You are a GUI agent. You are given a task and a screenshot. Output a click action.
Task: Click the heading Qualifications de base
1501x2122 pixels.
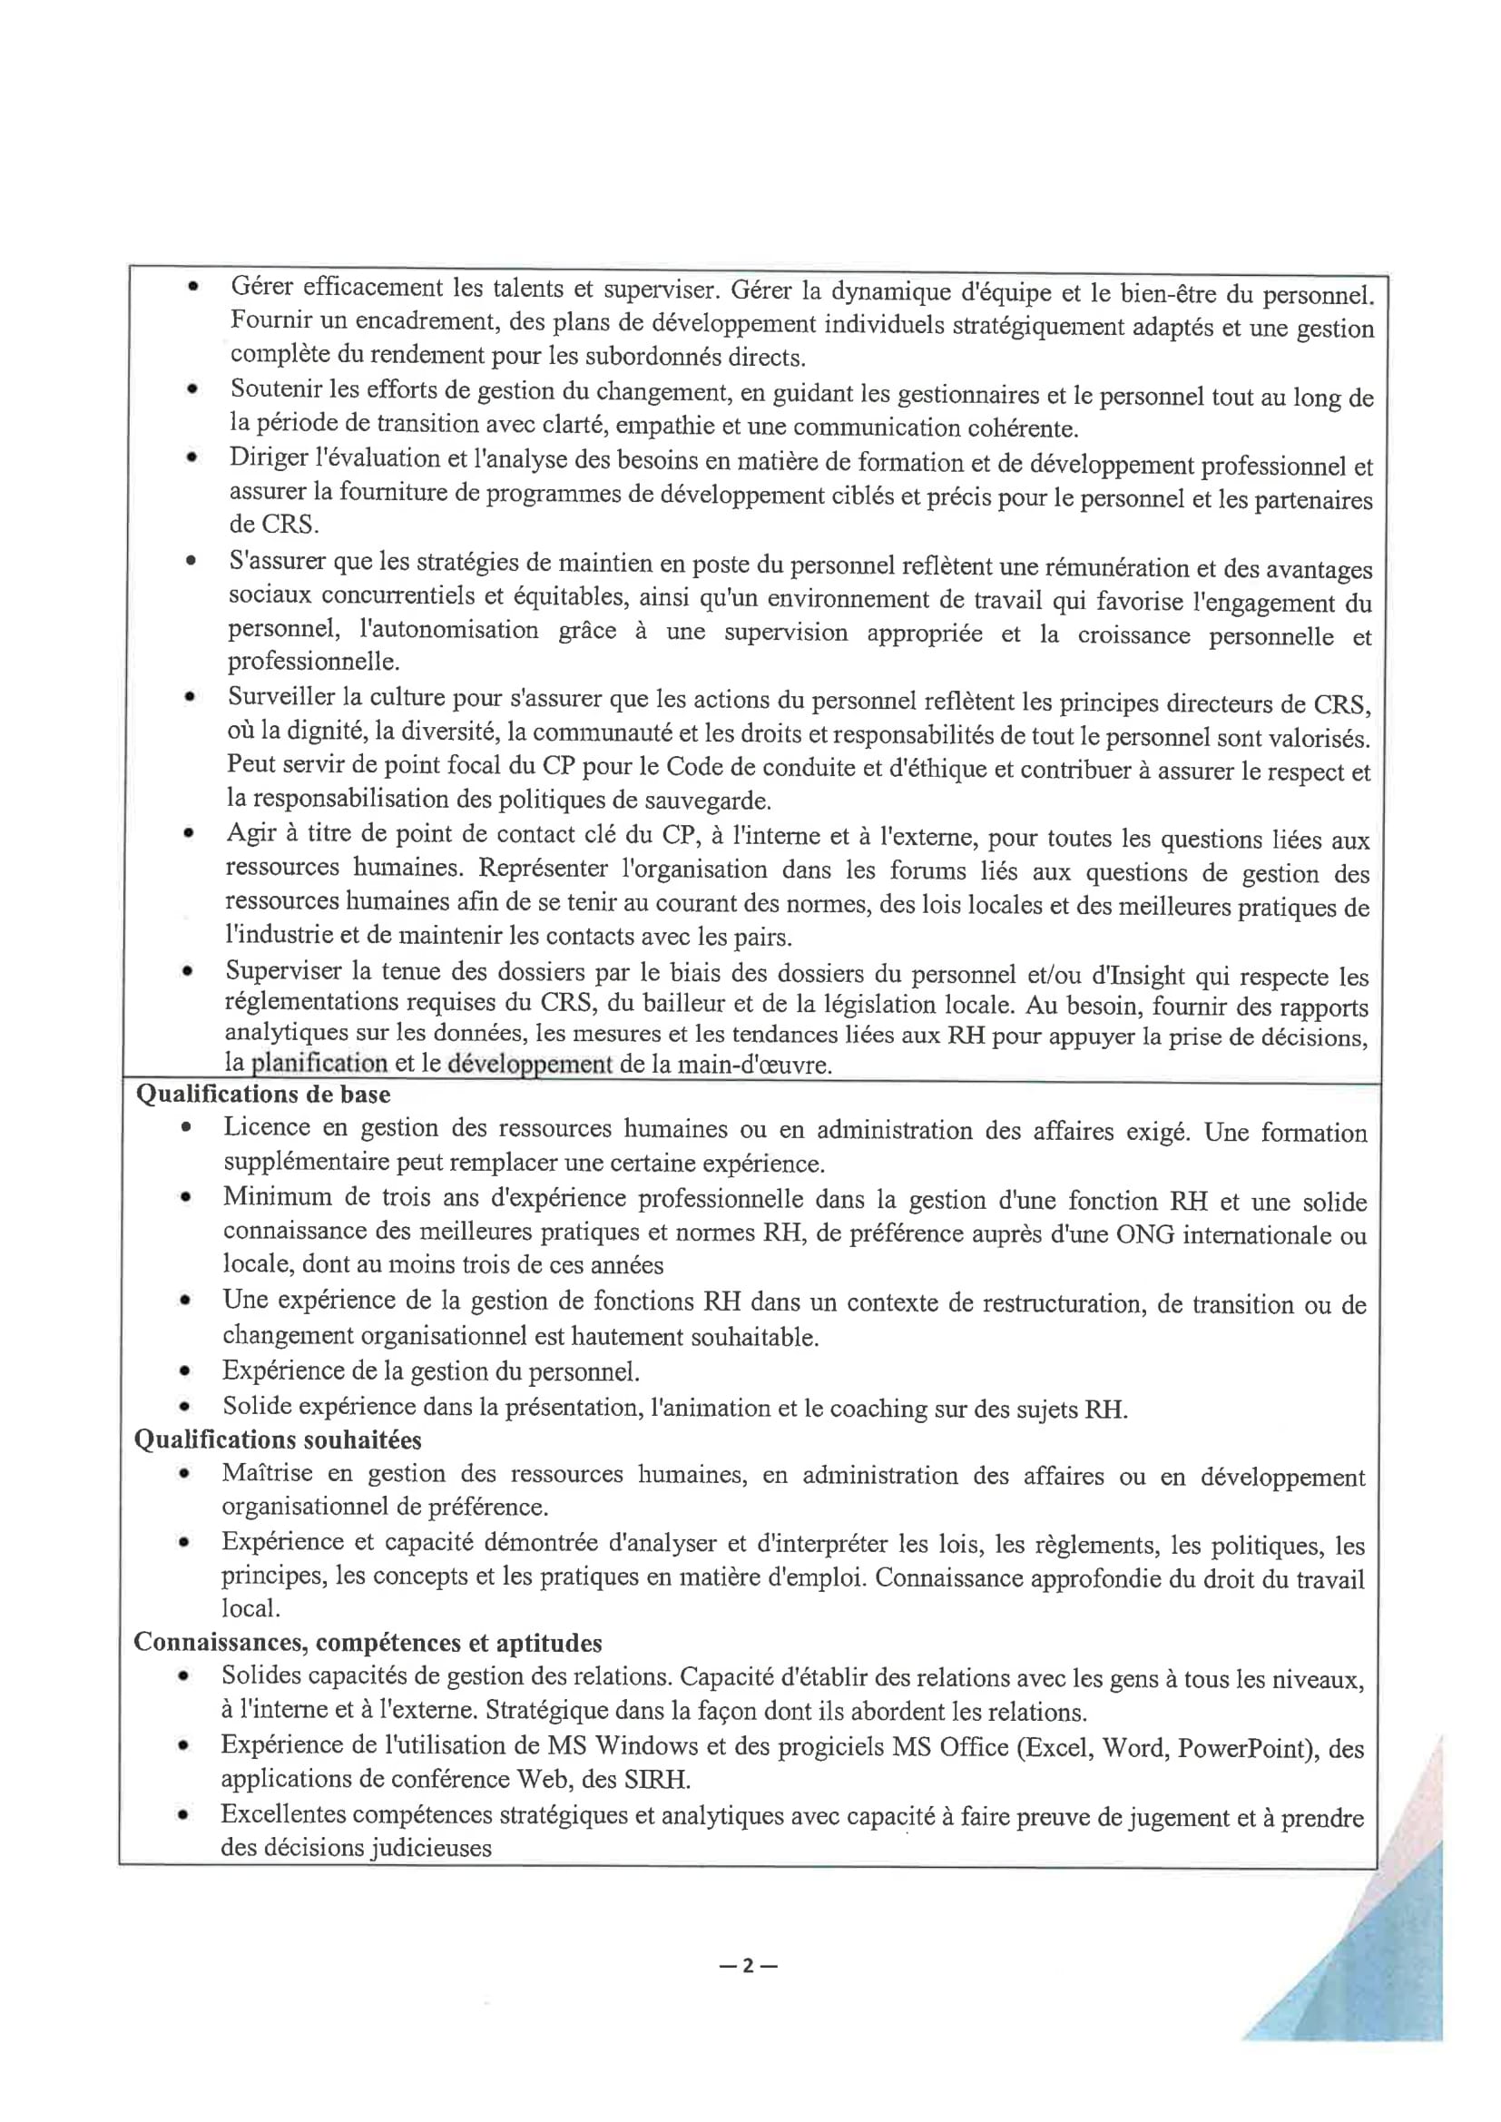262,1095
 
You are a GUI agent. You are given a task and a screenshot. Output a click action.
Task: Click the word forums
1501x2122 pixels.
930,870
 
